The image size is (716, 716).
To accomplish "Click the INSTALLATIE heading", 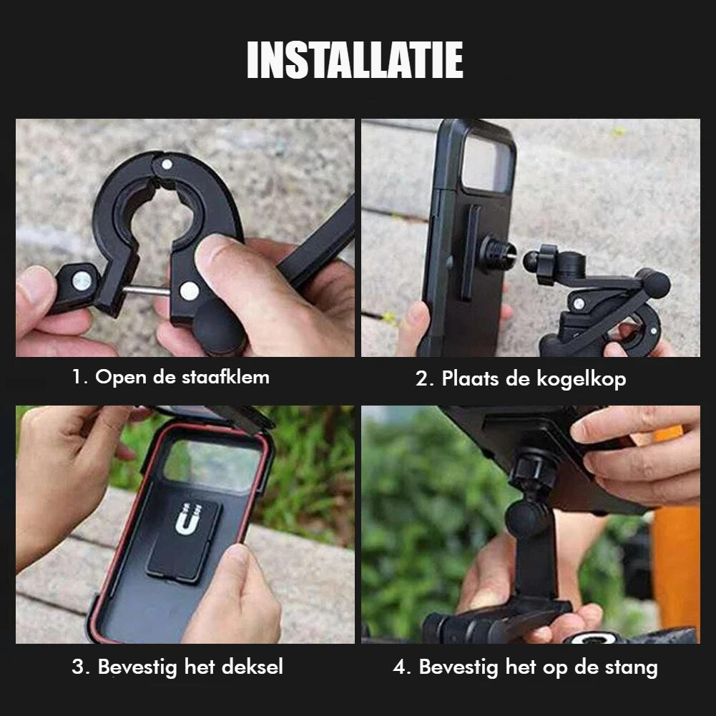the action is click(355, 60).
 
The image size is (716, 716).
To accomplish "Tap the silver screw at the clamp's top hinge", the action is click(167, 164).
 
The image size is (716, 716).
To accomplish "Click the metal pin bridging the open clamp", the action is click(146, 291).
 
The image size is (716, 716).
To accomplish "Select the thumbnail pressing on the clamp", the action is click(213, 250).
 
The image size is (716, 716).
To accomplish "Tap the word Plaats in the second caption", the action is click(470, 379).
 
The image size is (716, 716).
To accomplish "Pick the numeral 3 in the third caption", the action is click(78, 667).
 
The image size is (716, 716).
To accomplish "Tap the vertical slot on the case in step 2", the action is click(470, 253).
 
